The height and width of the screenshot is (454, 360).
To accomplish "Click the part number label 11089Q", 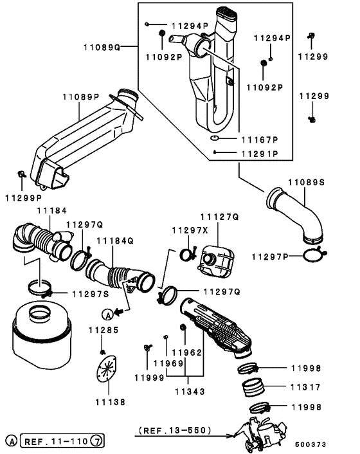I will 102,47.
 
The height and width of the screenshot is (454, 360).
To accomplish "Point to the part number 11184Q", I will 114,241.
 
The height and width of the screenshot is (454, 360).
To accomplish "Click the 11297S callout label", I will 90,294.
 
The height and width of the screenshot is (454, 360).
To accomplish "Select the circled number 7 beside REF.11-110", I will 95,442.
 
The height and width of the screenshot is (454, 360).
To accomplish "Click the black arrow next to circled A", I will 120,313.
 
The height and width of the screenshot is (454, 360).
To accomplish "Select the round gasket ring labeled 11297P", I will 312,255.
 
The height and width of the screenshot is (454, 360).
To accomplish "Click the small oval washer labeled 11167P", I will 215,138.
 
